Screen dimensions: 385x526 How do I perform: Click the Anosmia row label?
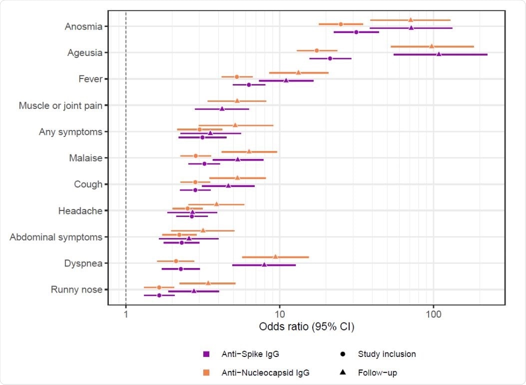coord(83,26)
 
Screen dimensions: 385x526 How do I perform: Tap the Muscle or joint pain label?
coord(60,105)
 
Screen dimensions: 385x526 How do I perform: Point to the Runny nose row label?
coord(76,290)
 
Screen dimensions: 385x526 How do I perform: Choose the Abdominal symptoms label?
coord(56,237)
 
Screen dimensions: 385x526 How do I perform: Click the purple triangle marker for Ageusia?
coord(439,53)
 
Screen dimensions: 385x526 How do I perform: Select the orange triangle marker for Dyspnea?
coord(275,256)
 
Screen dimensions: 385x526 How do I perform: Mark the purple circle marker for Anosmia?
coord(356,32)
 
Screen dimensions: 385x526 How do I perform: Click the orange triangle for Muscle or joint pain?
coord(237,100)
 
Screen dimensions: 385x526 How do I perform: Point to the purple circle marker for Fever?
coord(249,85)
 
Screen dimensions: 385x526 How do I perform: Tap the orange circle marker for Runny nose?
coord(159,287)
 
